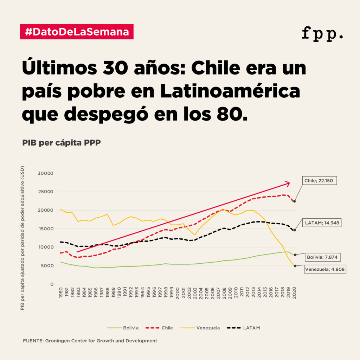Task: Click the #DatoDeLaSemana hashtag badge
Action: [77, 32]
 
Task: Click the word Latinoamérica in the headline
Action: [231, 91]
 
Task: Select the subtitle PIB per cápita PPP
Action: [62, 143]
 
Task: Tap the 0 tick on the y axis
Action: [51, 284]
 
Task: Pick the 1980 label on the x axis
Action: [61, 294]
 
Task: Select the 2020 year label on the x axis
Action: [294, 294]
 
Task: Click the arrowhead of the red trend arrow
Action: [288, 183]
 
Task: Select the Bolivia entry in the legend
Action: [123, 328]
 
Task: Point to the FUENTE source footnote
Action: [90, 341]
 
